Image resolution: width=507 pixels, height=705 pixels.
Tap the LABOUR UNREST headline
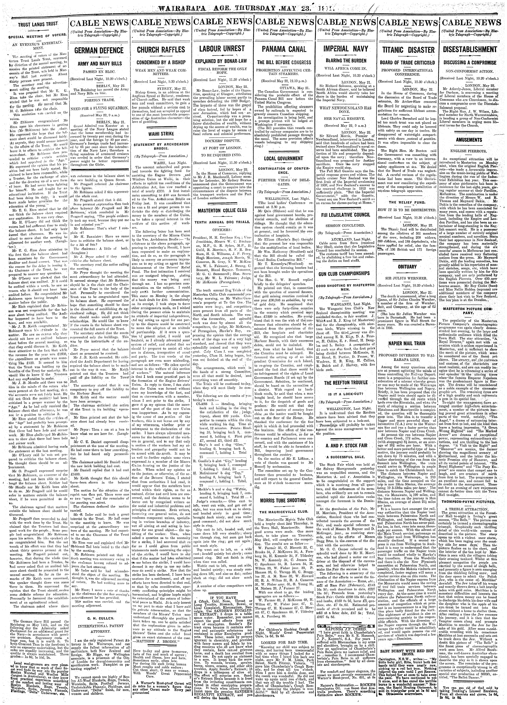click(222, 49)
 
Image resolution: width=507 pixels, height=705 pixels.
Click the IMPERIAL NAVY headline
click(346, 49)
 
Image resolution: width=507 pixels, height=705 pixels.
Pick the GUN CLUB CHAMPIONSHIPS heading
click(346, 274)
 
